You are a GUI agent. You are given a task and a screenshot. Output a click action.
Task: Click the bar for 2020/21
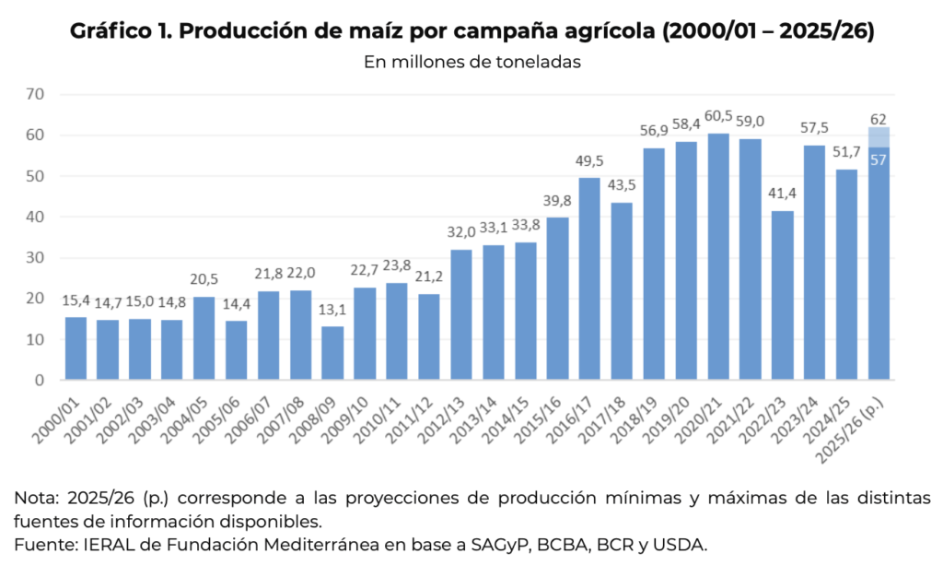[718, 258]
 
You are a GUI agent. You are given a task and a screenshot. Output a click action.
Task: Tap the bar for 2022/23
[783, 295]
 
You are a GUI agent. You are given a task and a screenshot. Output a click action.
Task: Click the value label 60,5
[718, 116]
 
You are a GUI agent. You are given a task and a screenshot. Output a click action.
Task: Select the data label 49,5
[589, 161]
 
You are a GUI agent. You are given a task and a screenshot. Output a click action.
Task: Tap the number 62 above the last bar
[879, 119]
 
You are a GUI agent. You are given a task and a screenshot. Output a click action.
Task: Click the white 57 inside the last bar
[879, 159]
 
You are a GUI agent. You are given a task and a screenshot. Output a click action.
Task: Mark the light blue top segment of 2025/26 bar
[879, 137]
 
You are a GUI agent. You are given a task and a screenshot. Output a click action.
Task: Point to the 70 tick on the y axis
[36, 94]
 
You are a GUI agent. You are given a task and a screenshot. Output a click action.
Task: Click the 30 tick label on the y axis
[36, 258]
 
